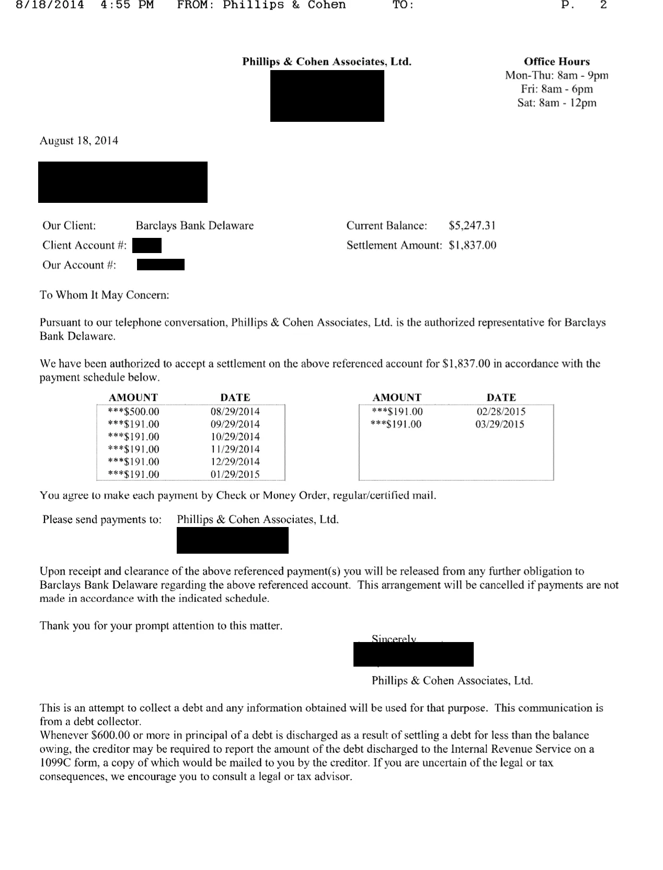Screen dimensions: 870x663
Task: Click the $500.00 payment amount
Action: point(133,411)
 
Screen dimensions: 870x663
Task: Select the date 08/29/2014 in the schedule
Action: point(235,411)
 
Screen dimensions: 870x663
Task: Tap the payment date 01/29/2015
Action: point(235,474)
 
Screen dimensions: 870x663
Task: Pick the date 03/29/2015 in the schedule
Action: point(499,424)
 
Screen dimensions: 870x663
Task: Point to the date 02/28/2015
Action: point(500,411)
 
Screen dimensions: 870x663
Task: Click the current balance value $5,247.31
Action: point(472,226)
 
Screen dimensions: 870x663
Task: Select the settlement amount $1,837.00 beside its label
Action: point(472,245)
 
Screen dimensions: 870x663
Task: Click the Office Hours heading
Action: point(556,62)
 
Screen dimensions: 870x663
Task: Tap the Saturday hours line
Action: point(556,102)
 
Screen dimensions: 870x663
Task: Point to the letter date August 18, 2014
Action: point(79,141)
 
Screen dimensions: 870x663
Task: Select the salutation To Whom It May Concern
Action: point(105,295)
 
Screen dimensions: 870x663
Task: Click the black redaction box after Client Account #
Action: point(147,245)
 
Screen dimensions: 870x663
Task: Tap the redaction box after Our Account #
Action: point(161,265)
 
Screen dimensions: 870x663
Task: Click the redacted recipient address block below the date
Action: point(123,182)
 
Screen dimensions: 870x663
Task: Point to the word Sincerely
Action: point(394,638)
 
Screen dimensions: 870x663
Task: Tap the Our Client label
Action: point(69,226)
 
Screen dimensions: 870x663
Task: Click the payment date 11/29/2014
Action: point(235,449)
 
